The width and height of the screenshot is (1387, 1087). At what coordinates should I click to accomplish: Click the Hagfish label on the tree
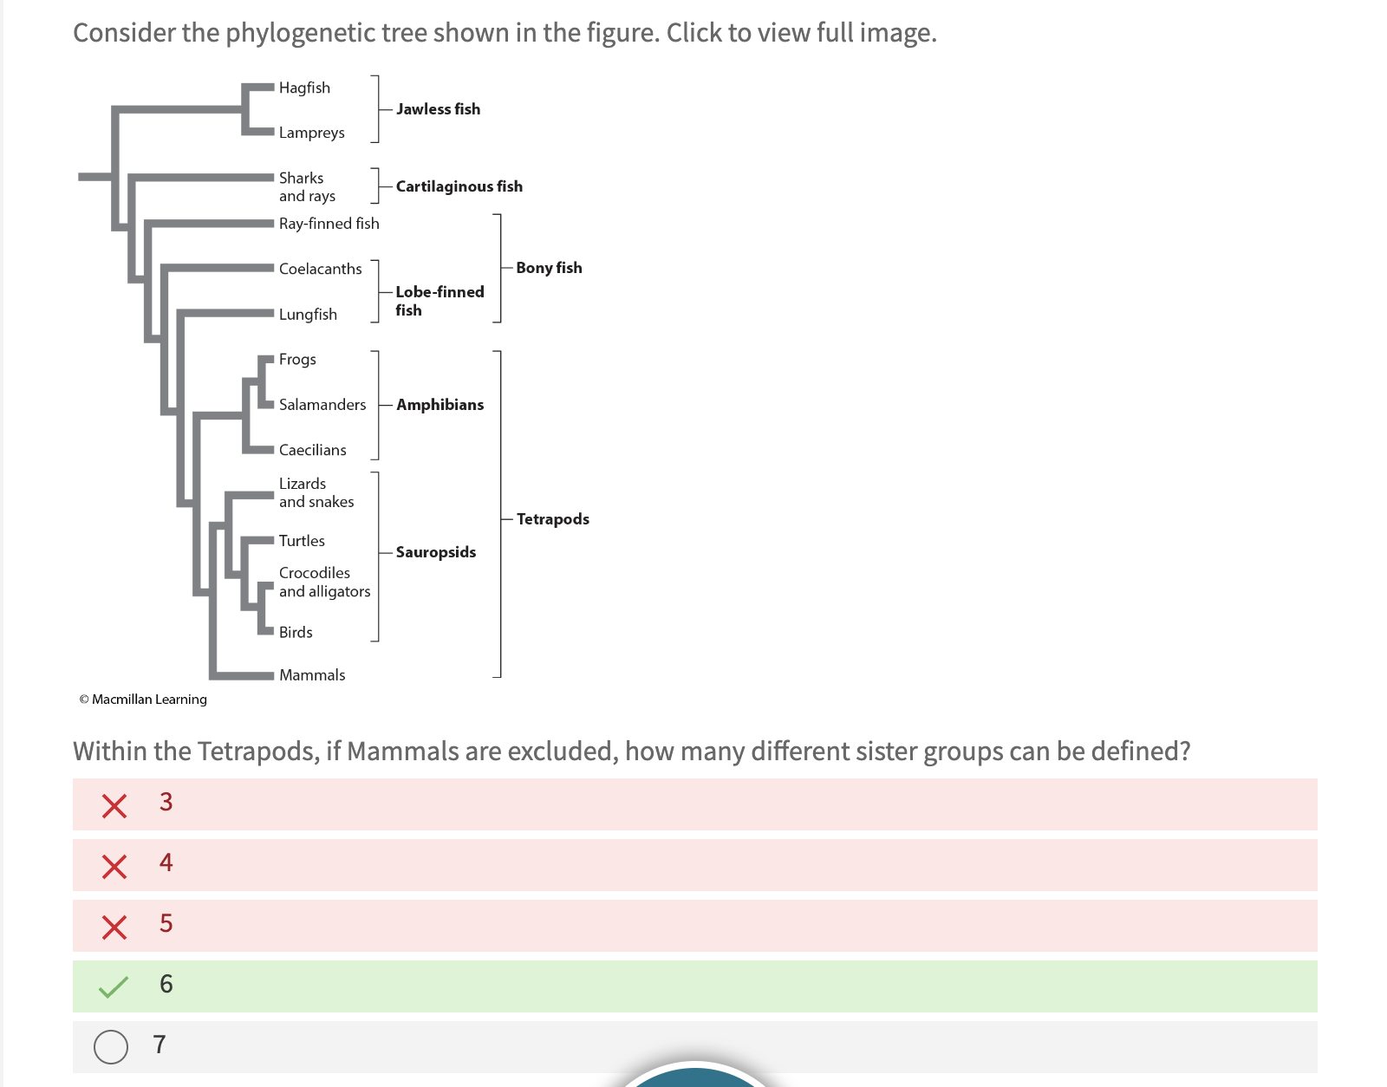coord(304,88)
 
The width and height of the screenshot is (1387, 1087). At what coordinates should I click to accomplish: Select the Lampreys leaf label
coord(311,133)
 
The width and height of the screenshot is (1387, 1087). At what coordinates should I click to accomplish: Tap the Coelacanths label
coord(320,269)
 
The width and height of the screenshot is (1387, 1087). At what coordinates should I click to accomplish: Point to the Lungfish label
coord(308,315)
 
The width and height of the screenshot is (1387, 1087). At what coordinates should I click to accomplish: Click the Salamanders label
coord(322,405)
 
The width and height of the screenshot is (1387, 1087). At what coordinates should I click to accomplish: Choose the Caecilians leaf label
coord(312,450)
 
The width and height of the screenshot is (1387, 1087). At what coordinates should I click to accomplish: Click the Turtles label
coord(302,541)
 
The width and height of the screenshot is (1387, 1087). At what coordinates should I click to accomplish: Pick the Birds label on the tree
coord(296,633)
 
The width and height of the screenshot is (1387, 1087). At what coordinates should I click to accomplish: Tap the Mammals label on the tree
coord(312,675)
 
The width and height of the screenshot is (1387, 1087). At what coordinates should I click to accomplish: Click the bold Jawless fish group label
coord(438,109)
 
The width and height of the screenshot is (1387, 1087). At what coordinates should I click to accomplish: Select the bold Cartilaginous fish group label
coord(459,186)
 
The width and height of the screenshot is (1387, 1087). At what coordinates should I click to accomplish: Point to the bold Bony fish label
coord(549,268)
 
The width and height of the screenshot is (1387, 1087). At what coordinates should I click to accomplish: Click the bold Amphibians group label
coord(440,405)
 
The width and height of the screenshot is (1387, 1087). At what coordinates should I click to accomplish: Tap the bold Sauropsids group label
coord(435,552)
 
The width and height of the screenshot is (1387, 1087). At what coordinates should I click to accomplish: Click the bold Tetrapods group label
coord(552,519)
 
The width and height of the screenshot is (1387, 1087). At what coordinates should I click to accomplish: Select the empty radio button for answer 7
coord(111,1046)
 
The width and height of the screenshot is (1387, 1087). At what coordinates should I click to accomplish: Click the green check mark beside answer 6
coord(114,986)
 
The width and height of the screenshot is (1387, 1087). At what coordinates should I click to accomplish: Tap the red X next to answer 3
coord(114,805)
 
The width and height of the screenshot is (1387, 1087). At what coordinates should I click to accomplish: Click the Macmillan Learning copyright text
coord(143,700)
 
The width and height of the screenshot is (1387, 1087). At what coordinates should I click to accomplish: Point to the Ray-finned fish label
coord(329,224)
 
